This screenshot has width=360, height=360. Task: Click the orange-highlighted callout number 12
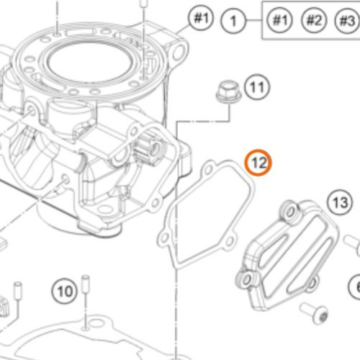pos(258,164)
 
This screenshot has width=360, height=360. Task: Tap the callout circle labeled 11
pos(256,89)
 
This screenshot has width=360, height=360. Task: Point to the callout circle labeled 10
pos(65,292)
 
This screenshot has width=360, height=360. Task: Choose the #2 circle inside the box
pos(312,20)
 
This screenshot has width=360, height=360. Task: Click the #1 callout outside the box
pos(200,17)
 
